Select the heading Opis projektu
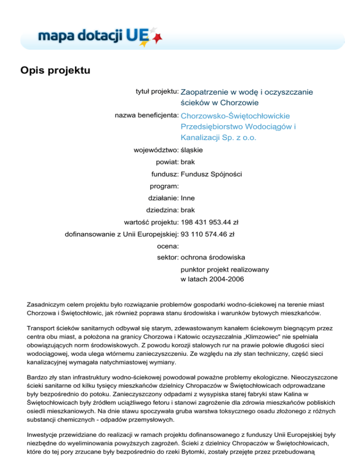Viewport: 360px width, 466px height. click(54, 71)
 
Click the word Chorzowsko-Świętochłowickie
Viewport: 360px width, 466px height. click(235, 115)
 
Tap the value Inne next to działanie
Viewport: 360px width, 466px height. click(188, 198)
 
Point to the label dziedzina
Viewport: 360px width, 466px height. click(162, 210)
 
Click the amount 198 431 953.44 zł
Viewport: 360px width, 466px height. click(211, 222)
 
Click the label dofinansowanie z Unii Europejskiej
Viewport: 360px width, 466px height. click(121, 234)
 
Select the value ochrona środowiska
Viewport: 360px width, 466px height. click(212, 257)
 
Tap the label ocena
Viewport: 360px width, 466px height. click(167, 246)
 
